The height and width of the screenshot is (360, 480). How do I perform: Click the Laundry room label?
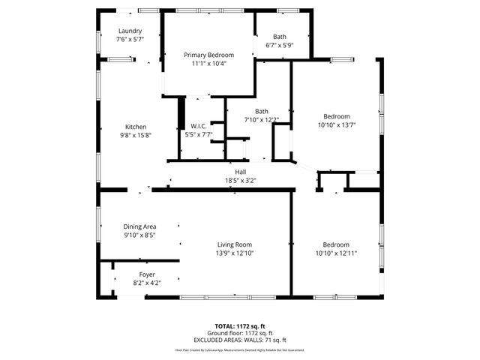(x=129, y=31)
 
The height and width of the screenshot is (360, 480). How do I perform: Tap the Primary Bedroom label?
(x=209, y=55)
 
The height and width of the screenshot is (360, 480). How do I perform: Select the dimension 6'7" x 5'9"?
(x=279, y=45)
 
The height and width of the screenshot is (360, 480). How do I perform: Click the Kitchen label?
(x=136, y=127)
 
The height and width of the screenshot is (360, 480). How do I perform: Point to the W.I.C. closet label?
(x=199, y=126)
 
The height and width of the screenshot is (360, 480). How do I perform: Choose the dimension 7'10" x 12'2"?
(x=261, y=120)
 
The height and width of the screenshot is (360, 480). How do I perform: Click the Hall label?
(x=241, y=172)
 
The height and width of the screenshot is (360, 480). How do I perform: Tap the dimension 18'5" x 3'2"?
(x=241, y=180)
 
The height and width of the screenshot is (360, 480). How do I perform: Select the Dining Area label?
(x=139, y=226)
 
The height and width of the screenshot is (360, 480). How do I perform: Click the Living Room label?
(x=235, y=244)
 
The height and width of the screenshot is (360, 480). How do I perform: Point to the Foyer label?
(x=147, y=274)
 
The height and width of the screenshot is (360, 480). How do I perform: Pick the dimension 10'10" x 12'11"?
(x=336, y=253)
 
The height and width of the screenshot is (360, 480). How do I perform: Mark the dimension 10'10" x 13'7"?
(x=336, y=124)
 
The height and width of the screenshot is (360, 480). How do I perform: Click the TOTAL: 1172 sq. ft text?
(x=240, y=326)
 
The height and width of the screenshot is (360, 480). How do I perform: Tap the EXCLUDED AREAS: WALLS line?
(x=240, y=340)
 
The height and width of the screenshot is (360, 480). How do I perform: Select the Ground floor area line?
(x=240, y=333)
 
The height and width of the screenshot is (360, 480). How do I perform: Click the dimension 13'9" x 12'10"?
(x=235, y=253)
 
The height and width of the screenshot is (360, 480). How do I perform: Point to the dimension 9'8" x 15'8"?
(x=136, y=135)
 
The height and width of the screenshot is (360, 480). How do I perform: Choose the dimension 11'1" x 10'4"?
(x=209, y=64)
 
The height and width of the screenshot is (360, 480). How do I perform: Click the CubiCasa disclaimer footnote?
(x=240, y=349)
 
